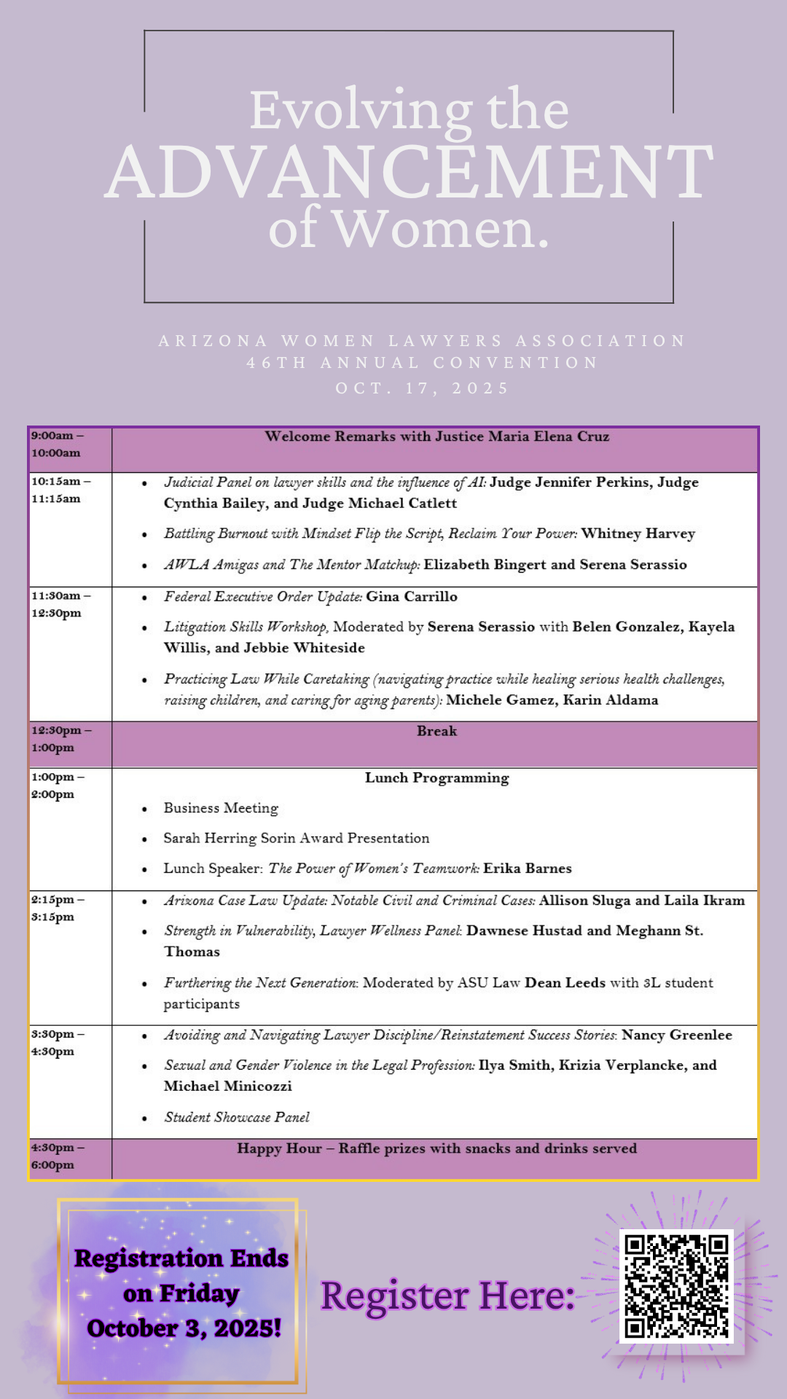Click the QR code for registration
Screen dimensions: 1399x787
pyautogui.click(x=676, y=1285)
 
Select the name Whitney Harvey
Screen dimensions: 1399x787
pyautogui.click(x=638, y=533)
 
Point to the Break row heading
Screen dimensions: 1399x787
pyautogui.click(x=436, y=731)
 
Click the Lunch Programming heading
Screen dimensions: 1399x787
pyautogui.click(x=436, y=777)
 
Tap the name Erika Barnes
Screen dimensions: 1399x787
pyautogui.click(x=528, y=868)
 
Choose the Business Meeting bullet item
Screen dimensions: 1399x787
pyautogui.click(x=221, y=808)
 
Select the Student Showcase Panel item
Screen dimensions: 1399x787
pyautogui.click(x=237, y=1117)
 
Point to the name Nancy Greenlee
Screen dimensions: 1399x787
pyautogui.click(x=676, y=1035)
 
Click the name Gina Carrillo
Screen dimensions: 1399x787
pyautogui.click(x=412, y=596)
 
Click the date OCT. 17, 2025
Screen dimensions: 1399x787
pyautogui.click(x=422, y=388)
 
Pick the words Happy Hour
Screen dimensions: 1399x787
pyautogui.click(x=279, y=1148)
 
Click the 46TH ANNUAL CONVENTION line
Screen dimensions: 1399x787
pyautogui.click(x=422, y=363)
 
